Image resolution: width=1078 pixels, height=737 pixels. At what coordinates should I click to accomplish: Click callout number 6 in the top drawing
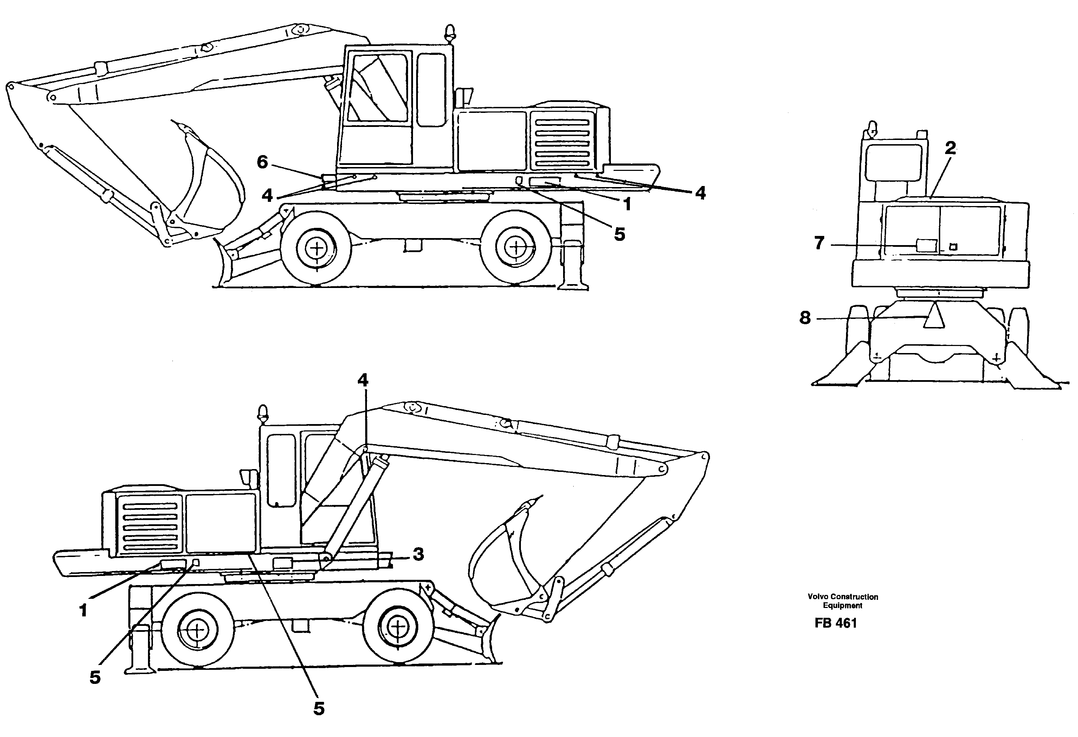pyautogui.click(x=262, y=162)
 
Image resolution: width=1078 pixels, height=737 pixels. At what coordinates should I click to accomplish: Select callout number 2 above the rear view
pyautogui.click(x=950, y=148)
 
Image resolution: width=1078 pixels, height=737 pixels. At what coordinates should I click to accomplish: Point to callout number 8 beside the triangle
pyautogui.click(x=805, y=318)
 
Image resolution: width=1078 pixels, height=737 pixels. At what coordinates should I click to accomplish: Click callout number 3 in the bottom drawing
pyautogui.click(x=418, y=554)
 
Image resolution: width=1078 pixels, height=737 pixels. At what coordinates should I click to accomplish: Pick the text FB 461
pyautogui.click(x=835, y=623)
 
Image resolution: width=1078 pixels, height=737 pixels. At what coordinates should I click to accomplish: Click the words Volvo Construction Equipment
pyautogui.click(x=843, y=601)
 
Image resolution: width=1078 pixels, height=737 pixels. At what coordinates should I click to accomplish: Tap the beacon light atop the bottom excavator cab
pyautogui.click(x=263, y=412)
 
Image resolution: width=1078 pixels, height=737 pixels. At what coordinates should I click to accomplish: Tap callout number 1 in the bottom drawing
pyautogui.click(x=84, y=611)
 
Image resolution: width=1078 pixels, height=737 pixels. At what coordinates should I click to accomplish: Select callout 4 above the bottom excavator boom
pyautogui.click(x=363, y=380)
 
